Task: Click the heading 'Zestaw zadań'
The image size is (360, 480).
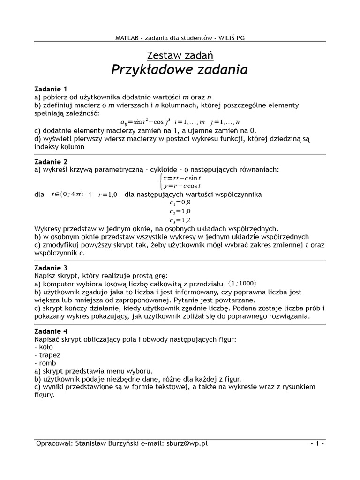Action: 180,55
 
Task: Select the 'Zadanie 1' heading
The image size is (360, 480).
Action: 51,89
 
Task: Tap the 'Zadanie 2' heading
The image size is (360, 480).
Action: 51,161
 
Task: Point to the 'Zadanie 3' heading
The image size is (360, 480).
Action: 51,268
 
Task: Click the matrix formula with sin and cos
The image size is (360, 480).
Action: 180,121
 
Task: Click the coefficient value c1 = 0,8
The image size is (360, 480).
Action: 180,203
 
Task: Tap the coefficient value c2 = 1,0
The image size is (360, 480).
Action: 180,211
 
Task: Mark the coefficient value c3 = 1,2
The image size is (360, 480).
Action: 180,220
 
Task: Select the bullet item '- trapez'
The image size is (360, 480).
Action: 47,355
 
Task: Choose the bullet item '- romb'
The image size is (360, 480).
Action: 45,363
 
